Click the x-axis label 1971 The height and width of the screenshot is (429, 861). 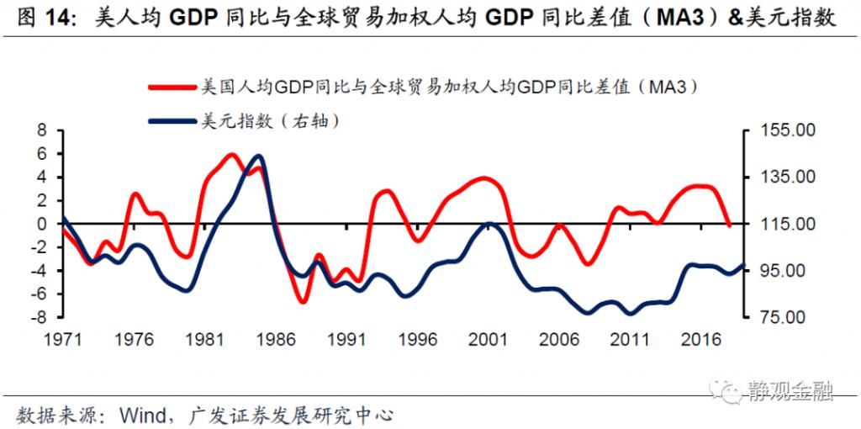click(63, 339)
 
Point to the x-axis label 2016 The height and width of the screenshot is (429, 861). click(701, 339)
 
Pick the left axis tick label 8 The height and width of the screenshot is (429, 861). click(39, 130)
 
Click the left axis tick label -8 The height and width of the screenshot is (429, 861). click(35, 318)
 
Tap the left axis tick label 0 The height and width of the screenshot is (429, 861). click(39, 225)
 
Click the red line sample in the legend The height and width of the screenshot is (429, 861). click(172, 87)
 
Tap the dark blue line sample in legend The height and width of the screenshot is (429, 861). click(172, 121)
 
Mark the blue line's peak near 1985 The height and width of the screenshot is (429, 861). click(258, 156)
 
